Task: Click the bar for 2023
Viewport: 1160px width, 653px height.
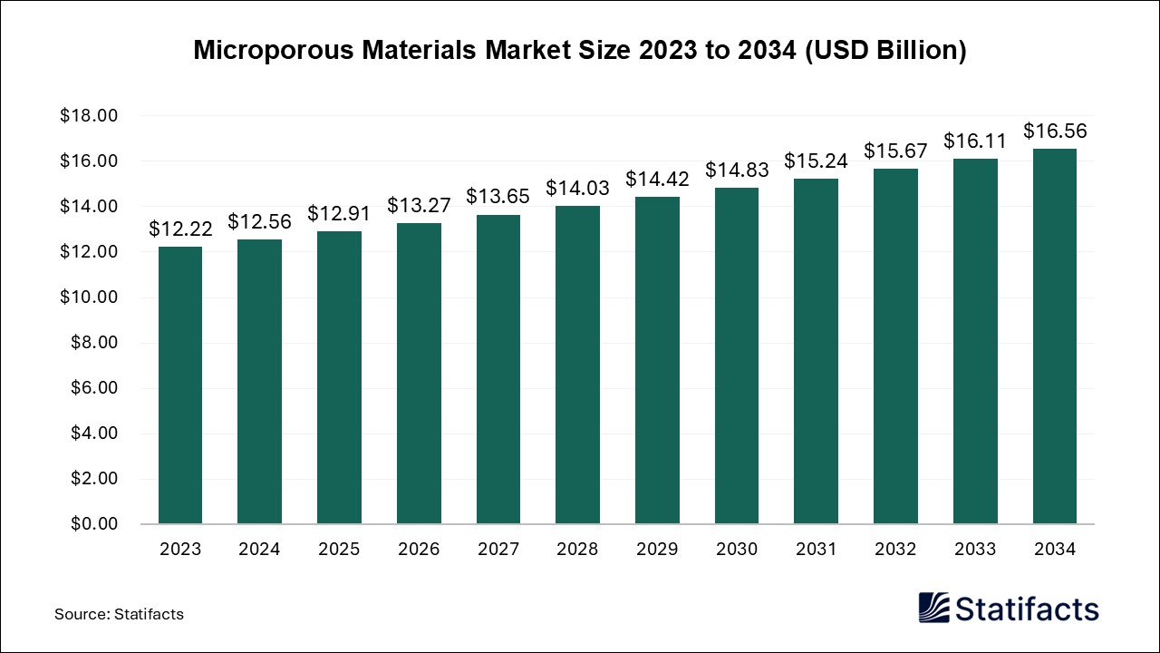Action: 180,385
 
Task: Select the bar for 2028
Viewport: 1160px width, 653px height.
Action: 577,365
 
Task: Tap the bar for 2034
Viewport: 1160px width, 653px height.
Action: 1055,336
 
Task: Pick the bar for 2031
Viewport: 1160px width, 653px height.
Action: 816,351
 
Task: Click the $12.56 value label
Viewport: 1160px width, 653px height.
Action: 260,221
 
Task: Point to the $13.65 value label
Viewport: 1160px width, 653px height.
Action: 498,197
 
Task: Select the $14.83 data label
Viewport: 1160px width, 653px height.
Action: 737,170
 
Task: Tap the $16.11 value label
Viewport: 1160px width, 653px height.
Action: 975,141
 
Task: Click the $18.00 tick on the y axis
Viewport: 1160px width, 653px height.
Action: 89,116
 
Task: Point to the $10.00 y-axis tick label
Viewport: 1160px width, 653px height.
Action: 89,297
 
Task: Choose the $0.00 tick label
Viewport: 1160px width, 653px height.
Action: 92,524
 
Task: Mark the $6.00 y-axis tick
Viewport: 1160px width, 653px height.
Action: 92,388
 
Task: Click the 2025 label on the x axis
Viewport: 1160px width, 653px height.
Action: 339,550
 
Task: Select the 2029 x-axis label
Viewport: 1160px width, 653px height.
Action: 657,550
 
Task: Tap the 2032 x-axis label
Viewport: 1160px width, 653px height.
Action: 895,550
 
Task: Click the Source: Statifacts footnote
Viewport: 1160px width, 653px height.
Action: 119,614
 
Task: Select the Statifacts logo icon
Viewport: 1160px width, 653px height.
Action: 935,608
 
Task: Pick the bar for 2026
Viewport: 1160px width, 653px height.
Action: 419,374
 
